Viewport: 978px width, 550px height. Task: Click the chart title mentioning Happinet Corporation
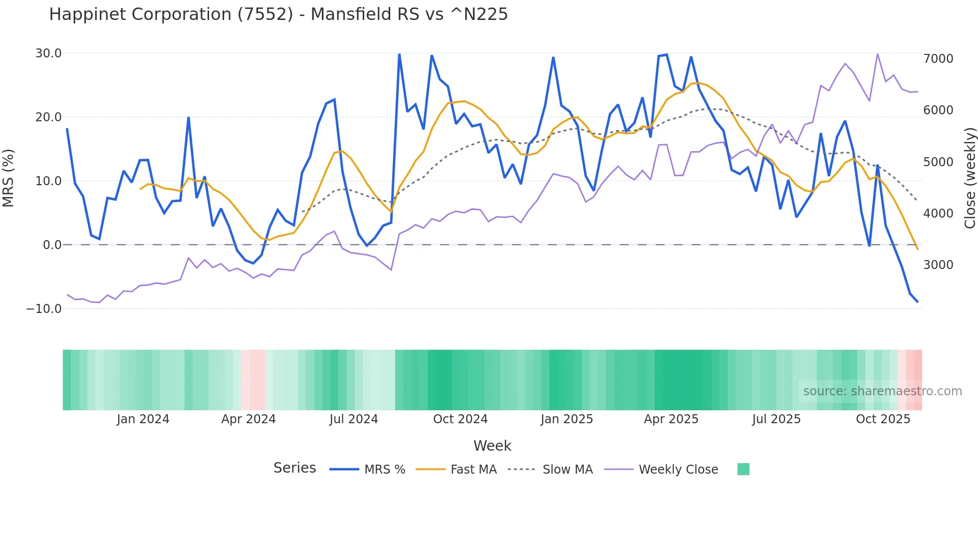tap(278, 14)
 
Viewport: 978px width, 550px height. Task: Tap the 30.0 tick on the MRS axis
tap(48, 53)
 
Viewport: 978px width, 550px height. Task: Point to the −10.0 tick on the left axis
tap(44, 309)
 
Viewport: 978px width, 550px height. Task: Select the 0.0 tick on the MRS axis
tap(52, 245)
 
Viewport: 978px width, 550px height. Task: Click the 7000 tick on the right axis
tap(938, 59)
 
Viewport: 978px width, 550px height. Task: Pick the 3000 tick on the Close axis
tap(938, 265)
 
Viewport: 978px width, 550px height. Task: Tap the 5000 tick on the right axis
tap(938, 162)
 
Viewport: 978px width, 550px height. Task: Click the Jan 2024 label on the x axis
tap(143, 419)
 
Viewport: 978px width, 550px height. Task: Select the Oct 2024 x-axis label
tap(460, 419)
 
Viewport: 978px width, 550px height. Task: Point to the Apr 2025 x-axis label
tap(671, 419)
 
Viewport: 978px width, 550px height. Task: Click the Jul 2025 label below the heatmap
tap(776, 419)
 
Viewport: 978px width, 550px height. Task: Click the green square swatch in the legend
tap(743, 469)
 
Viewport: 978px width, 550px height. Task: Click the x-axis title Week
tap(492, 446)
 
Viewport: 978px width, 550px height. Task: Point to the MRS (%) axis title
tap(8, 178)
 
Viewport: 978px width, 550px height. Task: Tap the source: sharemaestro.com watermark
tap(882, 391)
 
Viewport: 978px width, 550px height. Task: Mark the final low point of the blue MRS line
tap(917, 302)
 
